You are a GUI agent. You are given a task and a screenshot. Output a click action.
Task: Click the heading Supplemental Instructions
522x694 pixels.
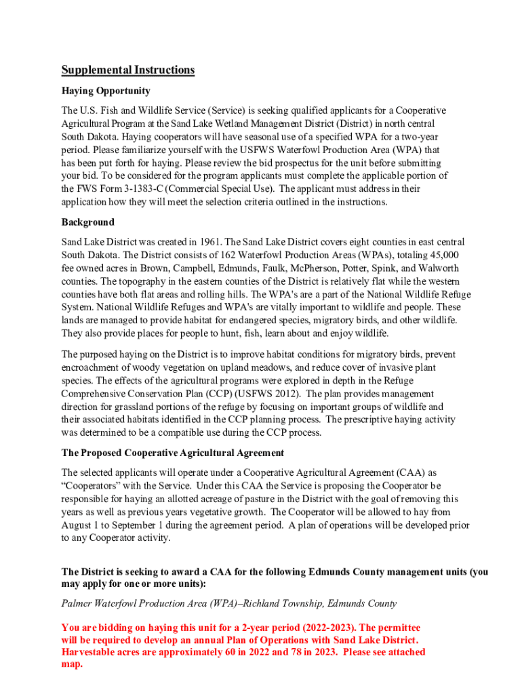[128, 70]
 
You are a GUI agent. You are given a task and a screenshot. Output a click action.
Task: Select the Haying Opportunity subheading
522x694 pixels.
[106, 91]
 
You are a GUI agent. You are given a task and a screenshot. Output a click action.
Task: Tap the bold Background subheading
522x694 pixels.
[88, 222]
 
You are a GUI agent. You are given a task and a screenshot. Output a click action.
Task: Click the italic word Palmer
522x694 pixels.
[76, 603]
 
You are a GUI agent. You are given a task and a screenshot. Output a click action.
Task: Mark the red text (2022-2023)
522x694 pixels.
[290, 628]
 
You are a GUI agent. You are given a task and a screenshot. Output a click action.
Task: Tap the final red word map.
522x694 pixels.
[71, 664]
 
